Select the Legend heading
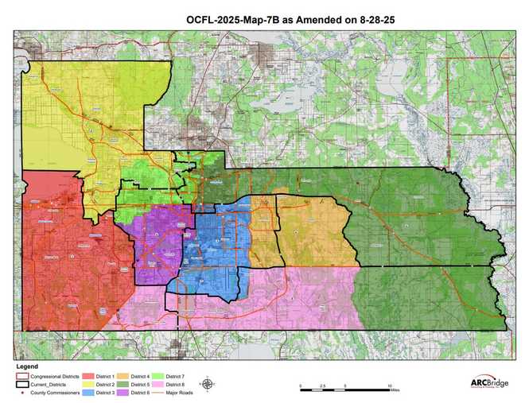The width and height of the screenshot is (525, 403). pos(27,366)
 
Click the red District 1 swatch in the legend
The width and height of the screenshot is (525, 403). pos(86,374)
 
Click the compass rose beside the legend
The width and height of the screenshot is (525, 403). pos(206,385)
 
